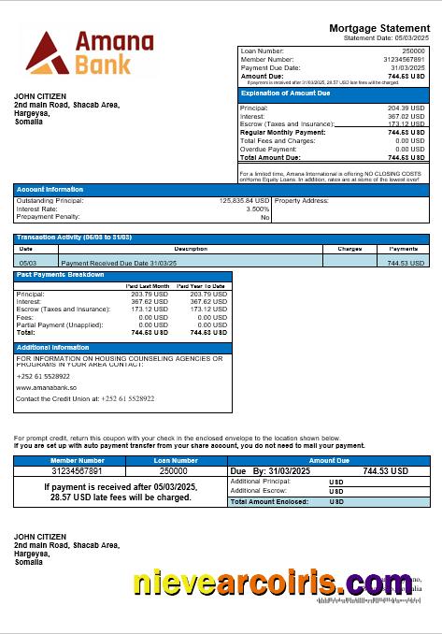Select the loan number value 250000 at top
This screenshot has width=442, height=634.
pos(412,50)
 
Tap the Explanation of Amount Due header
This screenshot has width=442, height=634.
pos(285,94)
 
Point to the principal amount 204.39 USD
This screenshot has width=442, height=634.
pos(408,108)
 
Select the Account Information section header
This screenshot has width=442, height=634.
pos(50,190)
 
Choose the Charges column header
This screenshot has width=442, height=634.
pos(349,249)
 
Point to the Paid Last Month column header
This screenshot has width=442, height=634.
pos(148,285)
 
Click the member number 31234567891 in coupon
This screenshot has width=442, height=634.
pos(78,471)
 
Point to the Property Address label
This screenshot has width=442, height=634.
pos(302,200)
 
